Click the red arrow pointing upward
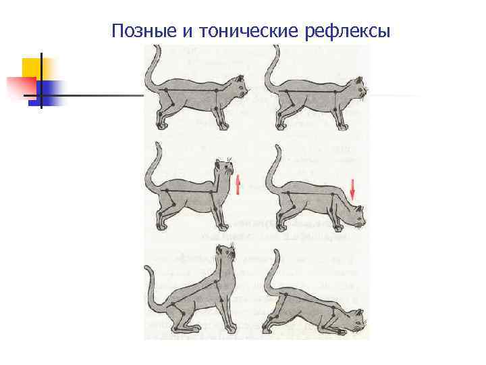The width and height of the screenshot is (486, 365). tap(238, 183)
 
